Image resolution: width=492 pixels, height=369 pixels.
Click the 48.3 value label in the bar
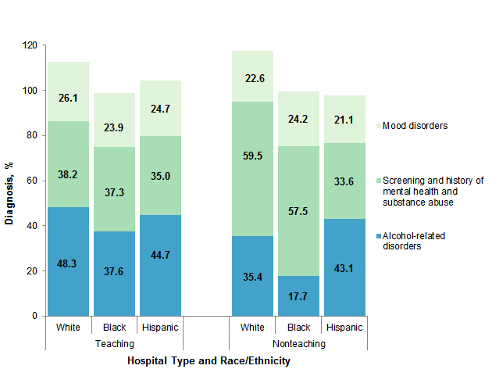click(x=68, y=265)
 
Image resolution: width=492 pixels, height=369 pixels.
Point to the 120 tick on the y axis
click(x=30, y=45)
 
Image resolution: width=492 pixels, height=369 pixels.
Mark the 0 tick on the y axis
click(x=35, y=316)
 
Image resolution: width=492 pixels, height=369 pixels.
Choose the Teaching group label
click(x=114, y=343)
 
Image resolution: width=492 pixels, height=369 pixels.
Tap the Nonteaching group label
click(x=298, y=343)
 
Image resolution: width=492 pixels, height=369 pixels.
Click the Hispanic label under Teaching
click(x=160, y=326)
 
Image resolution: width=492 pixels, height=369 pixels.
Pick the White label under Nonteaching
click(x=251, y=326)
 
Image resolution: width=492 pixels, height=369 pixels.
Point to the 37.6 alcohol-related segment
click(x=114, y=274)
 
